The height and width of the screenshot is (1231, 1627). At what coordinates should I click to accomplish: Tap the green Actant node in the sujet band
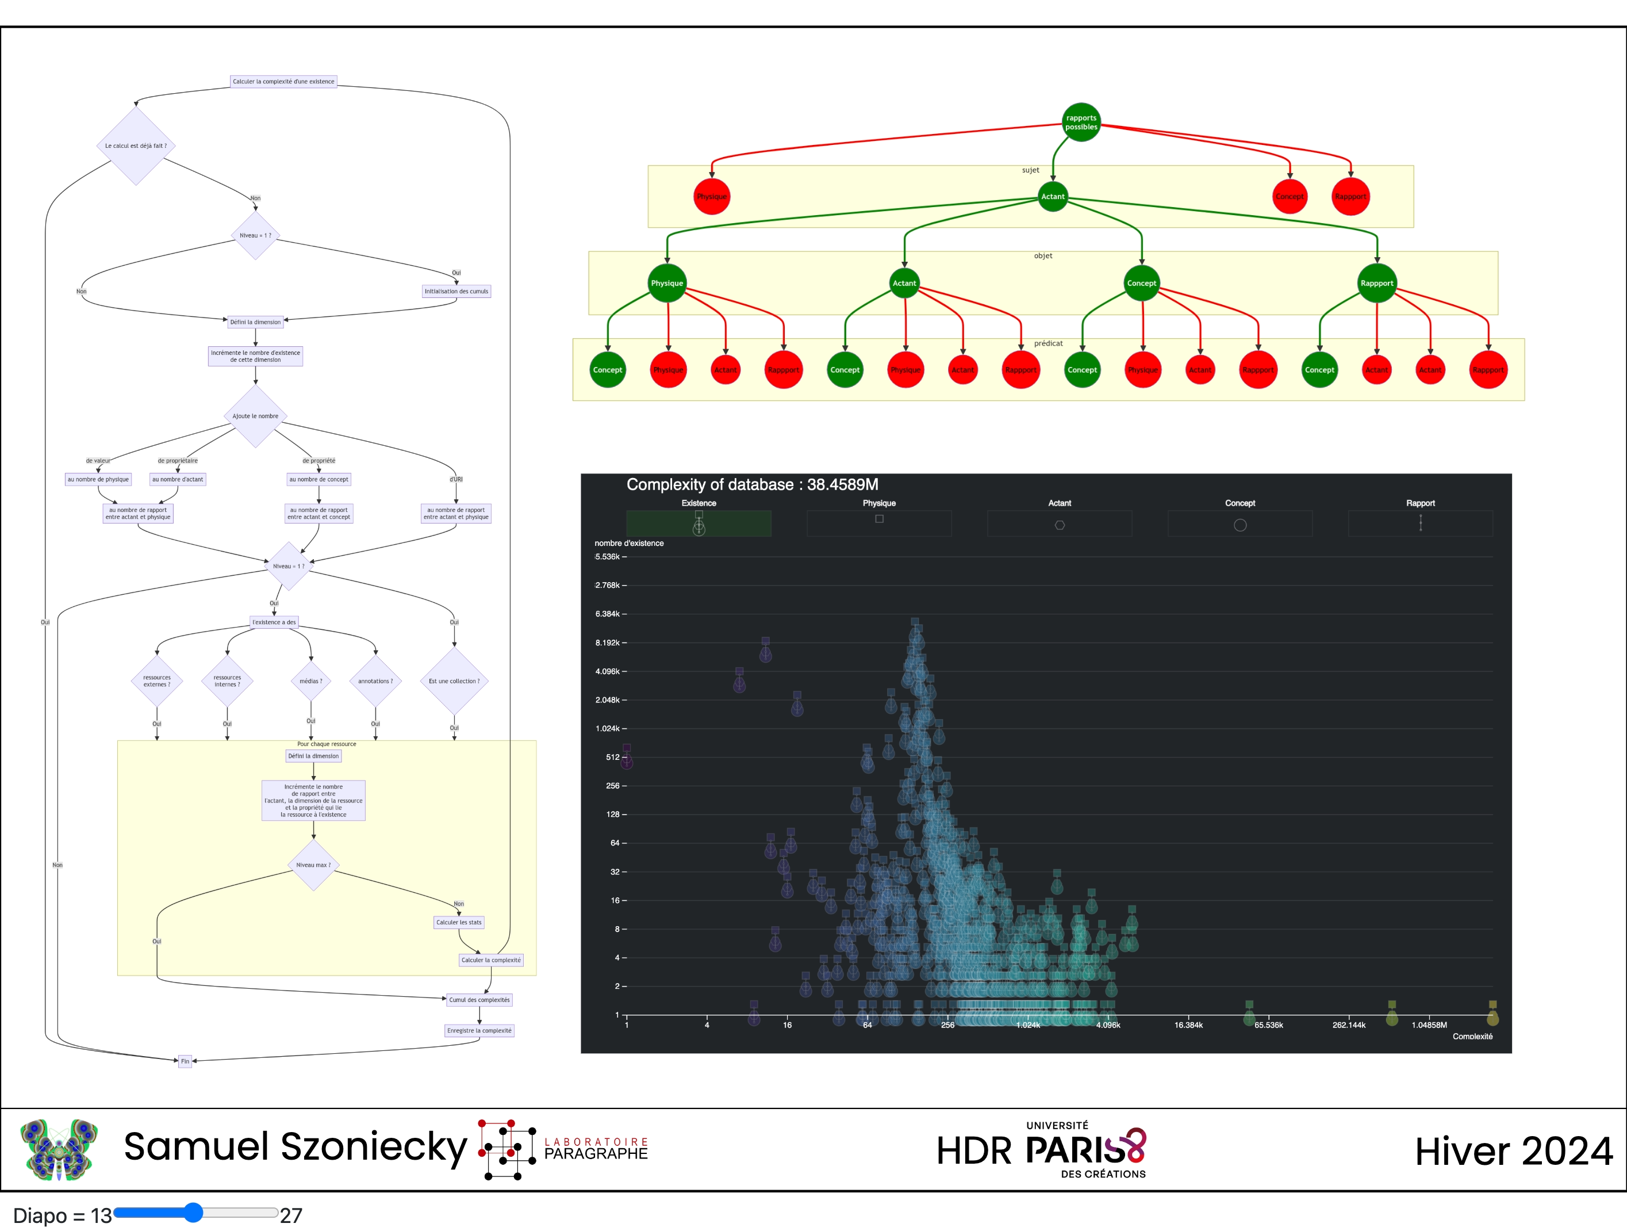click(x=1053, y=197)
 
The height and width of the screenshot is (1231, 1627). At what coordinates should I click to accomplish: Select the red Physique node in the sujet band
click(x=711, y=197)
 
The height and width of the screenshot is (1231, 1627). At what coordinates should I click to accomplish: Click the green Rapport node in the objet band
click(x=1376, y=283)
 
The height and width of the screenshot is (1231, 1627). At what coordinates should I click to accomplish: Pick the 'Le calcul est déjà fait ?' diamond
click(x=136, y=146)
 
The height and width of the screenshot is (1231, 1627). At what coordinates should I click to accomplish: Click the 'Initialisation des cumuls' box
click(x=456, y=292)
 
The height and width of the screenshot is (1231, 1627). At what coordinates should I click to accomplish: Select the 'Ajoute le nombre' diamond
click(x=255, y=416)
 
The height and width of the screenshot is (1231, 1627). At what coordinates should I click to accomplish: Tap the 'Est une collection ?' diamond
click(x=454, y=681)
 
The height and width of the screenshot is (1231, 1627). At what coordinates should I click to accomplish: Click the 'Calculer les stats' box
click(x=458, y=922)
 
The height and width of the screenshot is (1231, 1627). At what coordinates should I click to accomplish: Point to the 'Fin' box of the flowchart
click(x=185, y=1061)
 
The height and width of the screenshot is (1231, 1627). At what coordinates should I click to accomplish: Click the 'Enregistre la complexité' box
click(x=479, y=1031)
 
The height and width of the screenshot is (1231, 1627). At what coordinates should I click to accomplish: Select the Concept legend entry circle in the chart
click(x=1240, y=525)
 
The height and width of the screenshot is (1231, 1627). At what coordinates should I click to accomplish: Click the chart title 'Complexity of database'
click(x=752, y=485)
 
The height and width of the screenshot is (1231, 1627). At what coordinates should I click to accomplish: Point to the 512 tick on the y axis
click(x=613, y=757)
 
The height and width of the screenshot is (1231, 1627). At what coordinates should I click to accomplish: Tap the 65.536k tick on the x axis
click(x=1268, y=1025)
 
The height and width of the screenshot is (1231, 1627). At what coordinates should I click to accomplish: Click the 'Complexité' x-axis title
click(x=1472, y=1036)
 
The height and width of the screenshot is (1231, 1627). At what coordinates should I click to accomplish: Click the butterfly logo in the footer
click(x=59, y=1149)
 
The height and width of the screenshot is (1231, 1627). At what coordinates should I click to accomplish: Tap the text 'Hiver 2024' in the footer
click(x=1513, y=1152)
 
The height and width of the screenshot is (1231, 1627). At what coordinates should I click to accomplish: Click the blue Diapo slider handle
click(x=193, y=1213)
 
